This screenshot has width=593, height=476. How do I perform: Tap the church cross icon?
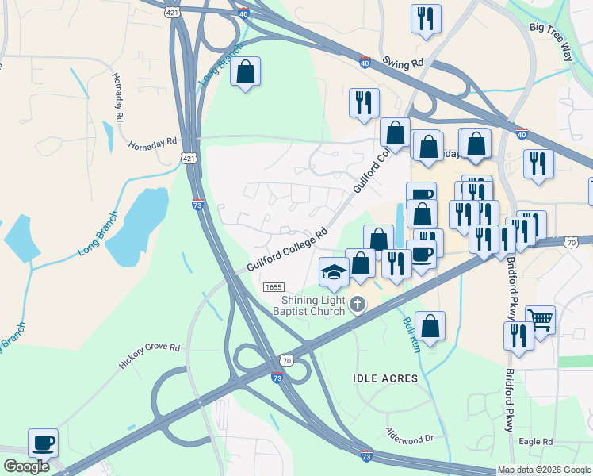[358, 304]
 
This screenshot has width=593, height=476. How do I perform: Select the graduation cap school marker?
[334, 271]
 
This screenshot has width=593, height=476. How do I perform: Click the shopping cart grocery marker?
[541, 320]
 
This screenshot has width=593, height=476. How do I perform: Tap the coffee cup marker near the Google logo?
[43, 442]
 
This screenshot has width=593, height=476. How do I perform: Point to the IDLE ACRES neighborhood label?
[384, 378]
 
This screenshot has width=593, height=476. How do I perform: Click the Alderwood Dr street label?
[410, 437]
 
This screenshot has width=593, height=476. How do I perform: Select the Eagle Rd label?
[535, 442]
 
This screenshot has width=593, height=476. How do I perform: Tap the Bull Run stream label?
[409, 335]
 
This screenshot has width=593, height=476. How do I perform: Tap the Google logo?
[26, 466]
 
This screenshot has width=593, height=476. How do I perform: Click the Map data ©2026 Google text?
[544, 470]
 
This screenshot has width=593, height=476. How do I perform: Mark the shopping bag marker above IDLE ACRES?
[430, 325]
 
